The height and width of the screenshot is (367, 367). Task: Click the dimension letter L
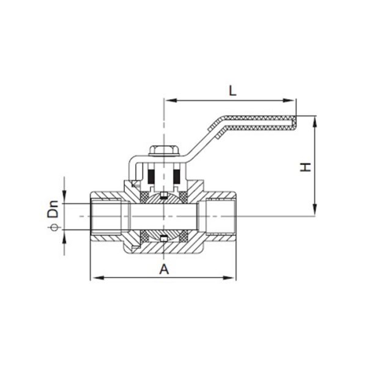pos(232,91)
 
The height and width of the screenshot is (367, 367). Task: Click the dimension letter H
pos(306,167)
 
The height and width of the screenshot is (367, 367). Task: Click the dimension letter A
pos(164,269)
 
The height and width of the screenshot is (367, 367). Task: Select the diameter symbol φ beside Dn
pos(55,228)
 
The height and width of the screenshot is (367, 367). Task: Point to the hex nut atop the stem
pos(164,151)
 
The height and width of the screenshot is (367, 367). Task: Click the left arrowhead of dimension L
pos(171,100)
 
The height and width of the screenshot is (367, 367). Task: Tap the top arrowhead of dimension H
pos(315,123)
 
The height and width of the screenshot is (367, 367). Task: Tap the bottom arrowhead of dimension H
pos(315,210)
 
